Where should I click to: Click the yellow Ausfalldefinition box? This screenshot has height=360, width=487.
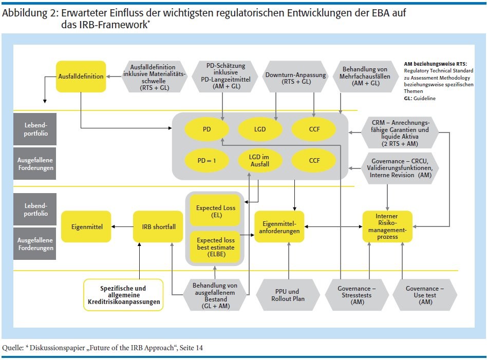(x=81, y=77)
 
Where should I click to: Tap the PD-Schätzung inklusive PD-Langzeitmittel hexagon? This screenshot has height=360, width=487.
(x=222, y=76)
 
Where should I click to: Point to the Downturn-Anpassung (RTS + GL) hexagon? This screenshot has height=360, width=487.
(x=295, y=77)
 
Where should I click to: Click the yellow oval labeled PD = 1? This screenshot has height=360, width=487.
(x=207, y=161)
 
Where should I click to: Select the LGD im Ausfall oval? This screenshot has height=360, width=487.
(x=260, y=161)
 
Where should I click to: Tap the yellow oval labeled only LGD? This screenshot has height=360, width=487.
(x=260, y=129)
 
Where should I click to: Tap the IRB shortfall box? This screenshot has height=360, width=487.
(x=158, y=226)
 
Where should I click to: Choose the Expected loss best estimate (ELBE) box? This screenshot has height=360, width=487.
(x=215, y=247)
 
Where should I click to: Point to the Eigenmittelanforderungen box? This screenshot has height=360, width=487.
(x=279, y=226)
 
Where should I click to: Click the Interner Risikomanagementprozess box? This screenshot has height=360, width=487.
(x=388, y=226)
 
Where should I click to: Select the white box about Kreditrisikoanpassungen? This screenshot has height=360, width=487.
(x=123, y=295)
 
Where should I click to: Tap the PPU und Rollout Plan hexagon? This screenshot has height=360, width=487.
(x=288, y=295)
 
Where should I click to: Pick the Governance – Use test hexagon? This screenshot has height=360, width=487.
(x=424, y=295)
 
